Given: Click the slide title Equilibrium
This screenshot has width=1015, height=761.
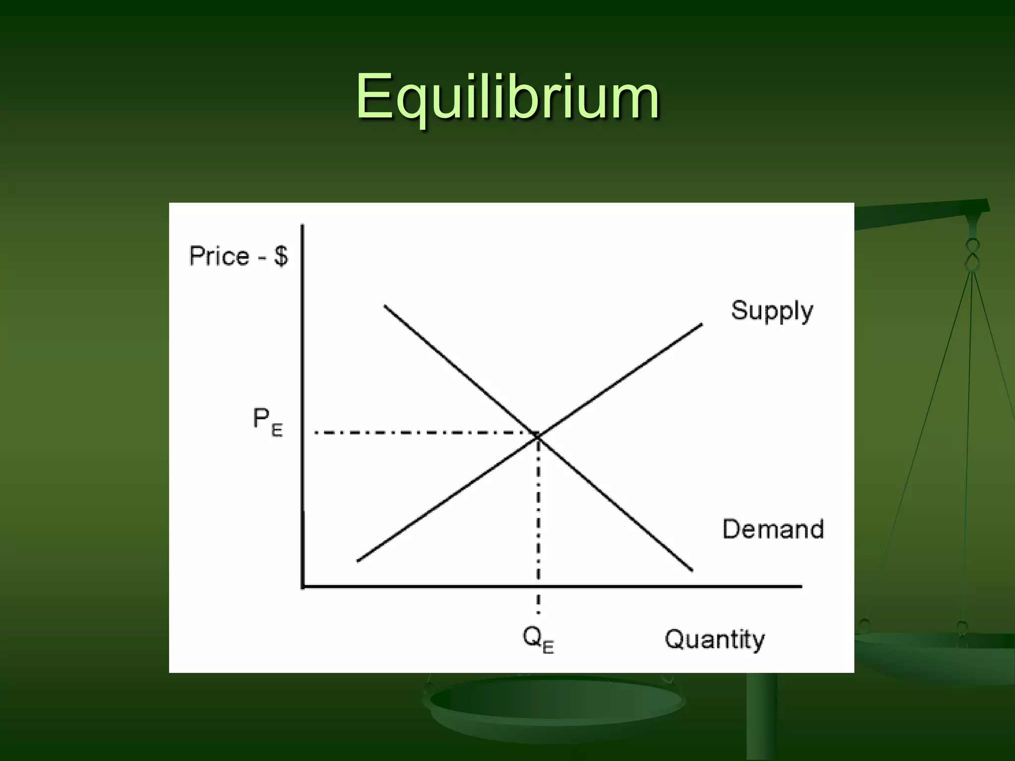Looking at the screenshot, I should click(x=507, y=97).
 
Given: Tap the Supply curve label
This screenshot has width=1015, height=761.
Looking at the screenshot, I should click(x=772, y=311).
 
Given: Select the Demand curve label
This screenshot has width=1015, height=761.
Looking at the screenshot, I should click(x=773, y=529).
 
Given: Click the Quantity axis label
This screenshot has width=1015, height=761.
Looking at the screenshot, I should click(x=714, y=639).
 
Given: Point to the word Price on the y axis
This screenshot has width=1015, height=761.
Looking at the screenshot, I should click(x=220, y=257).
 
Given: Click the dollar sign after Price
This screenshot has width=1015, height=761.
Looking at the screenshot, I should click(x=281, y=257).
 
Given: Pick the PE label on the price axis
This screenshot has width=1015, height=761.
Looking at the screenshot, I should click(x=268, y=422).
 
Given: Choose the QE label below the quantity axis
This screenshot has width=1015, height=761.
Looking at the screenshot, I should click(x=538, y=640).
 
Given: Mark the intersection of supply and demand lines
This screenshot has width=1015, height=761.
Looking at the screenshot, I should click(x=538, y=435).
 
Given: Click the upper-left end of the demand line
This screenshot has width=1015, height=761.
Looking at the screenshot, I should click(x=385, y=306).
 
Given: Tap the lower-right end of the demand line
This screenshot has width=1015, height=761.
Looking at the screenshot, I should click(x=692, y=570).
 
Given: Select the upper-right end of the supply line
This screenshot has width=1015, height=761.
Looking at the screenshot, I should click(x=701, y=325).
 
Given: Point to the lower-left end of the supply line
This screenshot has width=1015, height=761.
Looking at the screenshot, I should click(x=358, y=561).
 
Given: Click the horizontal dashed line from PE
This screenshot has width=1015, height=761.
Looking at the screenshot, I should click(x=421, y=433).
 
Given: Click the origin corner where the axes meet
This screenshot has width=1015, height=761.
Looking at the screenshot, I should click(x=303, y=587).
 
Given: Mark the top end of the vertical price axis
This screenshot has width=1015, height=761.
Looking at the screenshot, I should click(x=302, y=226).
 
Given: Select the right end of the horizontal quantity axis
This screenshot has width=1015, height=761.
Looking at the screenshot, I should click(x=801, y=587).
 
